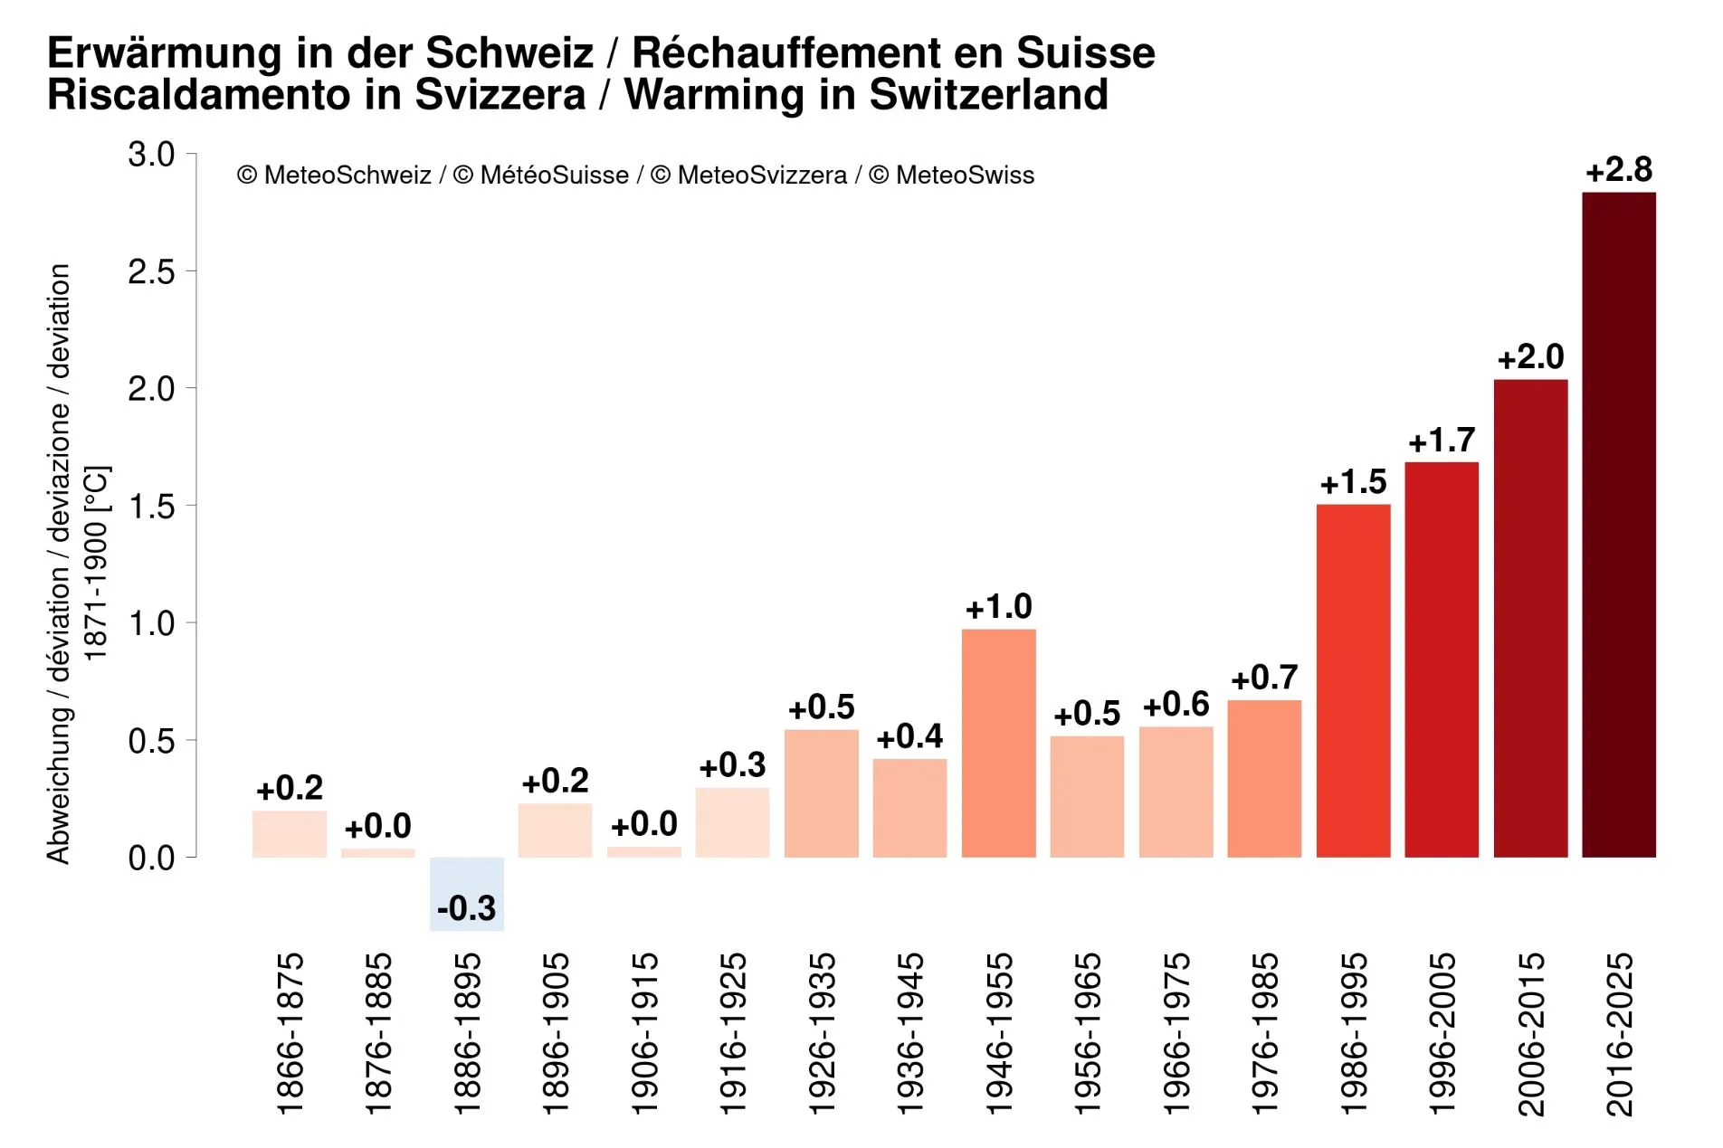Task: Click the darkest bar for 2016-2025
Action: pyautogui.click(x=1618, y=525)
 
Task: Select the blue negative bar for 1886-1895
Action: pyautogui.click(x=466, y=894)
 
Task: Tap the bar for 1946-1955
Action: pyautogui.click(x=998, y=744)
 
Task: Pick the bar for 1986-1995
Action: pyautogui.click(x=1353, y=680)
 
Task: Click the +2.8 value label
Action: pyautogui.click(x=1618, y=170)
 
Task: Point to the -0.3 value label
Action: pyautogui.click(x=466, y=907)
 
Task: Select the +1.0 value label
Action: pyautogui.click(x=998, y=607)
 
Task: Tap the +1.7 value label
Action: pyautogui.click(x=1442, y=441)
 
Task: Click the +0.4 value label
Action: pyautogui.click(x=909, y=736)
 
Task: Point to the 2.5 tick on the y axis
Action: pyautogui.click(x=151, y=271)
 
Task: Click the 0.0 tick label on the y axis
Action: pyautogui.click(x=151, y=858)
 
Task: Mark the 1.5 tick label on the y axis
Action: pyautogui.click(x=151, y=506)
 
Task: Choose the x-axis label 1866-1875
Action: pyautogui.click(x=290, y=1033)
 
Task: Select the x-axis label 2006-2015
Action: pyautogui.click(x=1530, y=1033)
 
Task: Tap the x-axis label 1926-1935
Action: pyautogui.click(x=822, y=1033)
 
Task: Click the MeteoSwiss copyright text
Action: pyautogui.click(x=951, y=176)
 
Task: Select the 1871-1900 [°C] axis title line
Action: pyautogui.click(x=96, y=564)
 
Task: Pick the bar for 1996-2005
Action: pyautogui.click(x=1442, y=660)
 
